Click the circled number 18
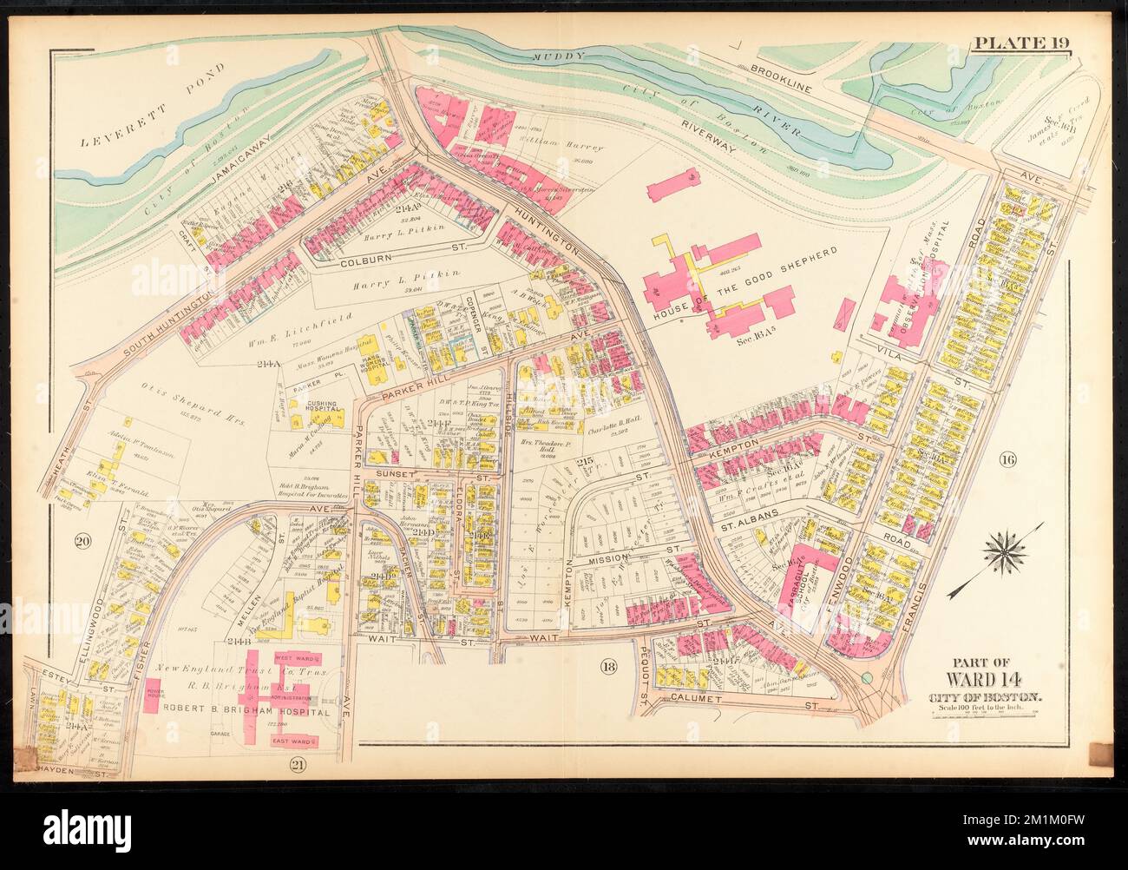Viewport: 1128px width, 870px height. (x=607, y=666)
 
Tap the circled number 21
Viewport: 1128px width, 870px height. (x=296, y=763)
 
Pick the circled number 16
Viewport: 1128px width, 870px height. (x=1007, y=458)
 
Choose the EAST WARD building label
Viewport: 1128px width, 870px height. (x=293, y=741)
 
